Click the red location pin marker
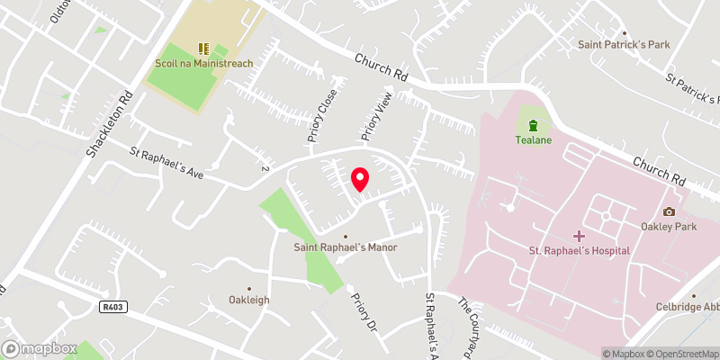(x=359, y=179)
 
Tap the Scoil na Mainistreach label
(x=204, y=64)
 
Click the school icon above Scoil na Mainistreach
(x=203, y=47)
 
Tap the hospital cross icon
(x=578, y=234)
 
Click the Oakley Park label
(x=668, y=228)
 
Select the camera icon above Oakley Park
(x=668, y=211)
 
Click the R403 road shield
(x=112, y=307)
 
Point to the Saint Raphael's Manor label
(x=346, y=247)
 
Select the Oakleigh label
(x=249, y=300)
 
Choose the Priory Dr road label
(x=363, y=311)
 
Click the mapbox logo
(x=40, y=348)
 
